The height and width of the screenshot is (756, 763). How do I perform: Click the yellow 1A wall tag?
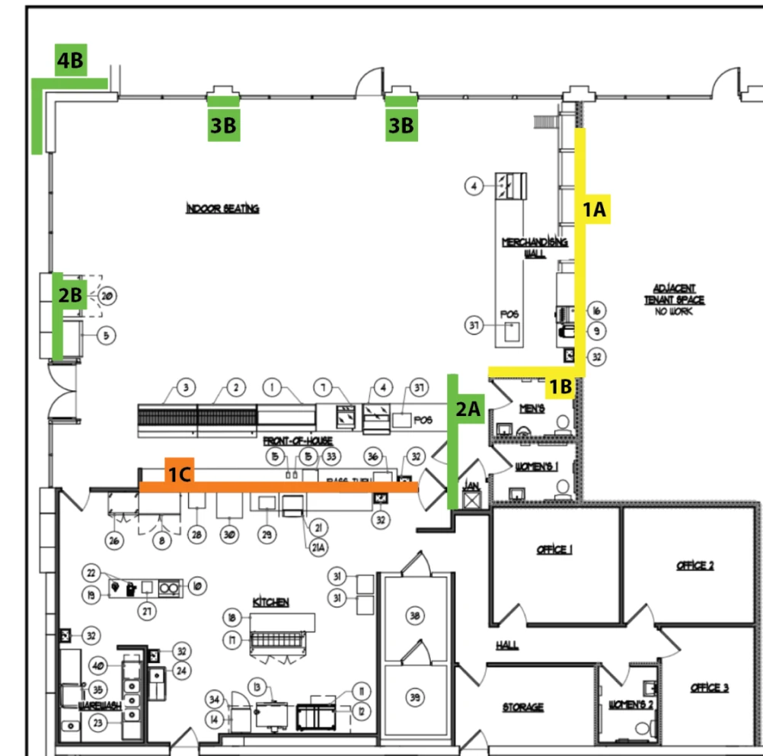(x=594, y=209)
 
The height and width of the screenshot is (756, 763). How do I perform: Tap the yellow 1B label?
(x=561, y=387)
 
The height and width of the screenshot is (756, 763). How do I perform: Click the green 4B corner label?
(x=70, y=61)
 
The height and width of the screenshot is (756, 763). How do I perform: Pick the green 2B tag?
(x=69, y=295)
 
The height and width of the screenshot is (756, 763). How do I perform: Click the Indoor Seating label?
(x=222, y=208)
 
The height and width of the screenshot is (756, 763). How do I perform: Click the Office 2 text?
(x=695, y=565)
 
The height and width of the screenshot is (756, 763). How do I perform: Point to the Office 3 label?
(x=709, y=687)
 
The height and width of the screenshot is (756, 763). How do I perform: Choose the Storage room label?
(x=523, y=707)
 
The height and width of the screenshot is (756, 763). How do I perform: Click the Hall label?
(x=507, y=645)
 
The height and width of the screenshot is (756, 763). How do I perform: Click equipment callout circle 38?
(x=414, y=616)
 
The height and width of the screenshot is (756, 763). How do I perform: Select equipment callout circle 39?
(x=414, y=697)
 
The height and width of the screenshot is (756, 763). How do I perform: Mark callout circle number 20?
(x=107, y=295)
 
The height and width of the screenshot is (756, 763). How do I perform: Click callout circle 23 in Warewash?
(x=97, y=722)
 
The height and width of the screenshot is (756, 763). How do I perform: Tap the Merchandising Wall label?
(x=534, y=248)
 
